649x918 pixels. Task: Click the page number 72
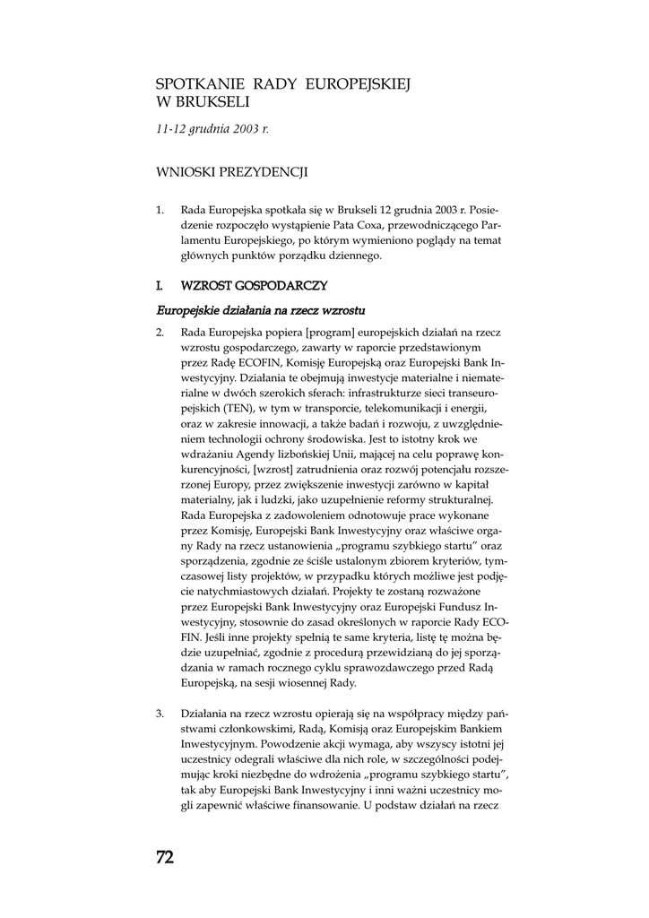click(x=165, y=857)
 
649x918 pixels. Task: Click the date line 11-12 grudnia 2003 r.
click(x=212, y=129)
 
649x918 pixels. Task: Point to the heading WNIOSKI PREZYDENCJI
click(x=232, y=171)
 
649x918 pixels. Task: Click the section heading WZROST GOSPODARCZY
click(x=254, y=286)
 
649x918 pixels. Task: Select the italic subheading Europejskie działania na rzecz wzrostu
click(x=261, y=310)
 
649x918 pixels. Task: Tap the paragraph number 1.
click(x=160, y=211)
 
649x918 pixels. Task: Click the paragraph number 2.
click(x=160, y=332)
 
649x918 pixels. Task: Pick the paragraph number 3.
click(x=160, y=714)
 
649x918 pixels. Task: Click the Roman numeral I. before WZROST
click(x=160, y=286)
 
